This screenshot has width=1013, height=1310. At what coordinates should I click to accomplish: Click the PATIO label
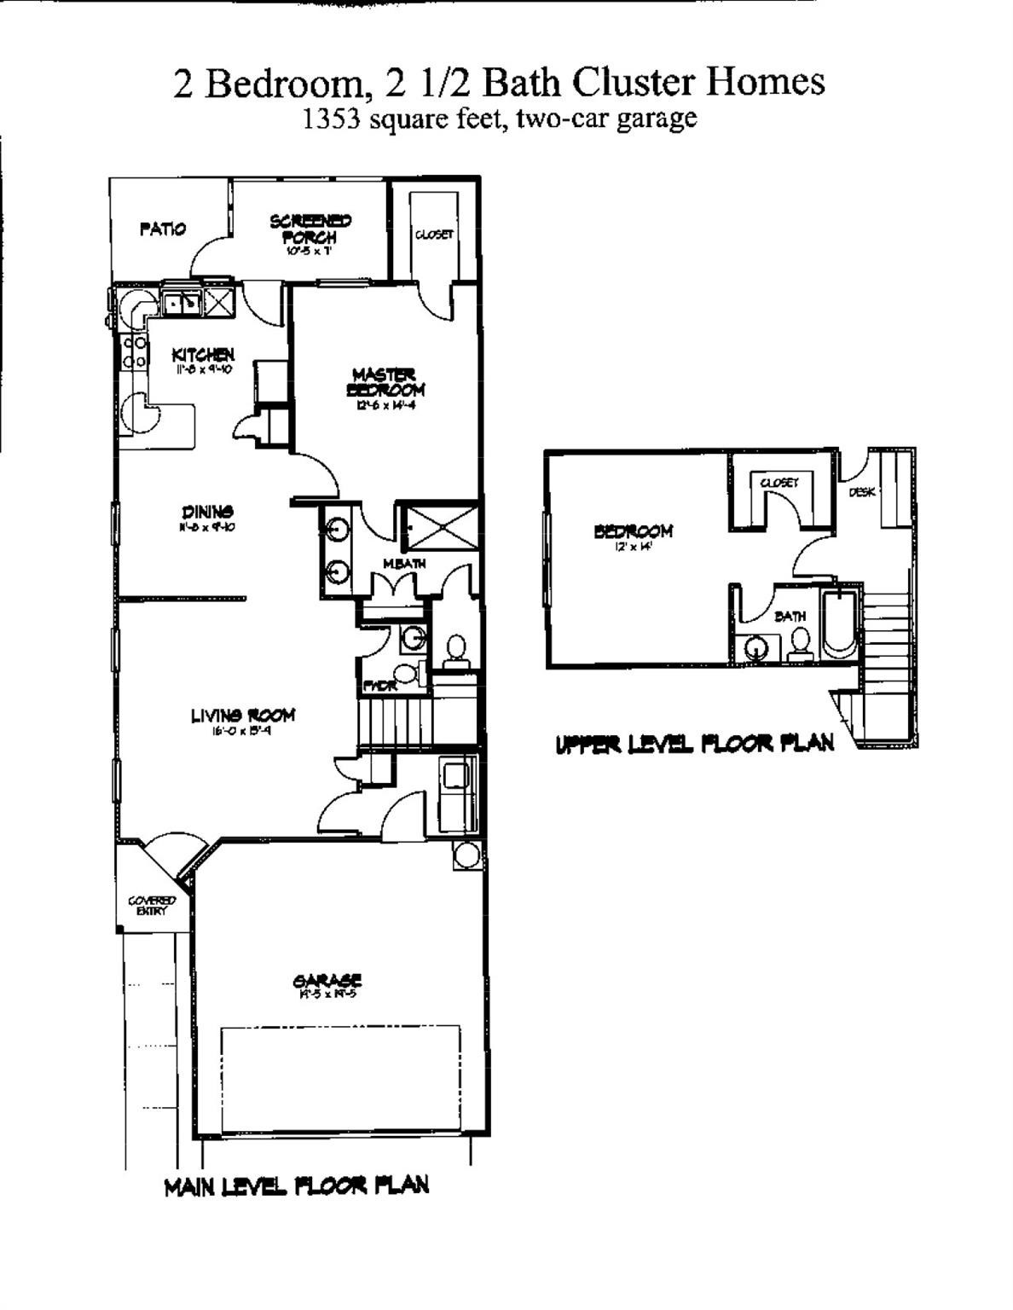(162, 229)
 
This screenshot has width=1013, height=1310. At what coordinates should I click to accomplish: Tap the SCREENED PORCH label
(310, 229)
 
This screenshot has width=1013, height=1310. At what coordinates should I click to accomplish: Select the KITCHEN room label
(203, 355)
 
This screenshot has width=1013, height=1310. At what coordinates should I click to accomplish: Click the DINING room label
(207, 512)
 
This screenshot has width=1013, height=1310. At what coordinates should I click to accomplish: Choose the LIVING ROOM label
(243, 716)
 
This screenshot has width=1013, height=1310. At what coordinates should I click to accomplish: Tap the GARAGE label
(327, 981)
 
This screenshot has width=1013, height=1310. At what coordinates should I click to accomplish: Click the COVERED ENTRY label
(152, 905)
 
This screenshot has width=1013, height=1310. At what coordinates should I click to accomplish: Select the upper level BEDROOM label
(633, 531)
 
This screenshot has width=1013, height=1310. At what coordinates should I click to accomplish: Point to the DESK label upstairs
(861, 492)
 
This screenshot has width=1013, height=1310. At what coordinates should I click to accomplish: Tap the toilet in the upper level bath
(800, 642)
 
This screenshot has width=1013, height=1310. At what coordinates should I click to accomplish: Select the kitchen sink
(182, 302)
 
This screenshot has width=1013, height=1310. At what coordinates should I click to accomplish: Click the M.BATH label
(404, 564)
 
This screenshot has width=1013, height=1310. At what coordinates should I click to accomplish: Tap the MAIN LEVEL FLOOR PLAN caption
(296, 1186)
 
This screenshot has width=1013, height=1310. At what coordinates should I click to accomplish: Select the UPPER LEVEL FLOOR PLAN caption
(694, 745)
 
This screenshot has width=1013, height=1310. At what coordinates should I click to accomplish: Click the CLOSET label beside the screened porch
(434, 235)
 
